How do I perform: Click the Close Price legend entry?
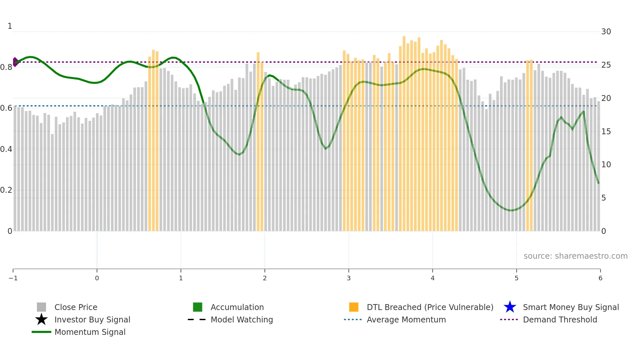coord(76,307)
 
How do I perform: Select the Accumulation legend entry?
coord(237,307)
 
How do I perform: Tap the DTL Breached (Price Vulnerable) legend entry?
coord(430,307)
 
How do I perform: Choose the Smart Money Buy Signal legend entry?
coord(571,307)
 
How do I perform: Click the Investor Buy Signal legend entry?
coord(92,319)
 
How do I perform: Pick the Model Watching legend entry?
coord(242,319)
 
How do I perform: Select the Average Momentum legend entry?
coord(406,319)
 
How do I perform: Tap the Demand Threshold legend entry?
coord(560,319)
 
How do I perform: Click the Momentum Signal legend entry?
coord(90,332)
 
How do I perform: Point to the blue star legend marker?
coord(510,307)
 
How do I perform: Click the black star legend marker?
coord(41,319)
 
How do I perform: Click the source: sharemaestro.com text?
coord(575,256)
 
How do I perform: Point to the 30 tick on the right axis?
coord(606,32)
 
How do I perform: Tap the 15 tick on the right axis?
coord(606,131)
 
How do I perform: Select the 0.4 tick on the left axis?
coord(6,149)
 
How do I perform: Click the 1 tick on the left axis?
coord(10,26)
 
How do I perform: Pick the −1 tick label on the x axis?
coord(13,278)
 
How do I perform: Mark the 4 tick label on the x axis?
coord(433,278)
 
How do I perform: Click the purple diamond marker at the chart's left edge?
coord(15,62)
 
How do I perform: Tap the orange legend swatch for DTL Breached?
coord(354,307)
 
